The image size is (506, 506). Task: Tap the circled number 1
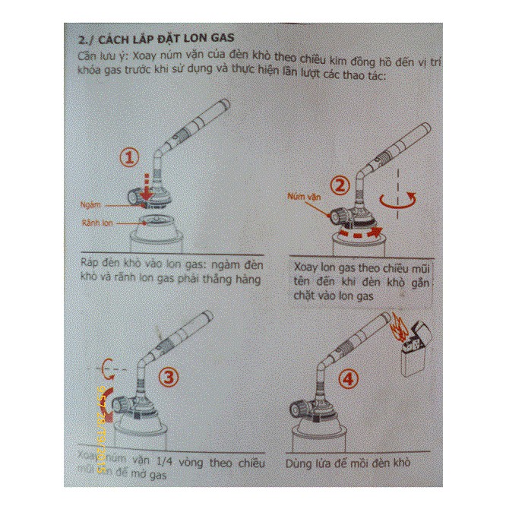130,157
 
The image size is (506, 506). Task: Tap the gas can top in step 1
155,223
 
